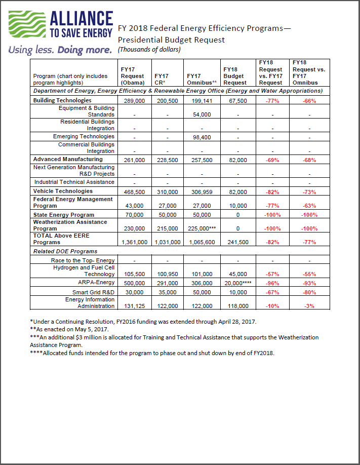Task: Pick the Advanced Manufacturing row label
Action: (68, 159)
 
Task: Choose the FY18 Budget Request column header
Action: (235, 76)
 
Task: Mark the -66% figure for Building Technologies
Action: (309, 101)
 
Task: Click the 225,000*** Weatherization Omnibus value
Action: (202, 229)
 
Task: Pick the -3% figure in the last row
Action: (309, 306)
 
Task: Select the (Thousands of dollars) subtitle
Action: (149, 50)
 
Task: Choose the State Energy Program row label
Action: (63, 214)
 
